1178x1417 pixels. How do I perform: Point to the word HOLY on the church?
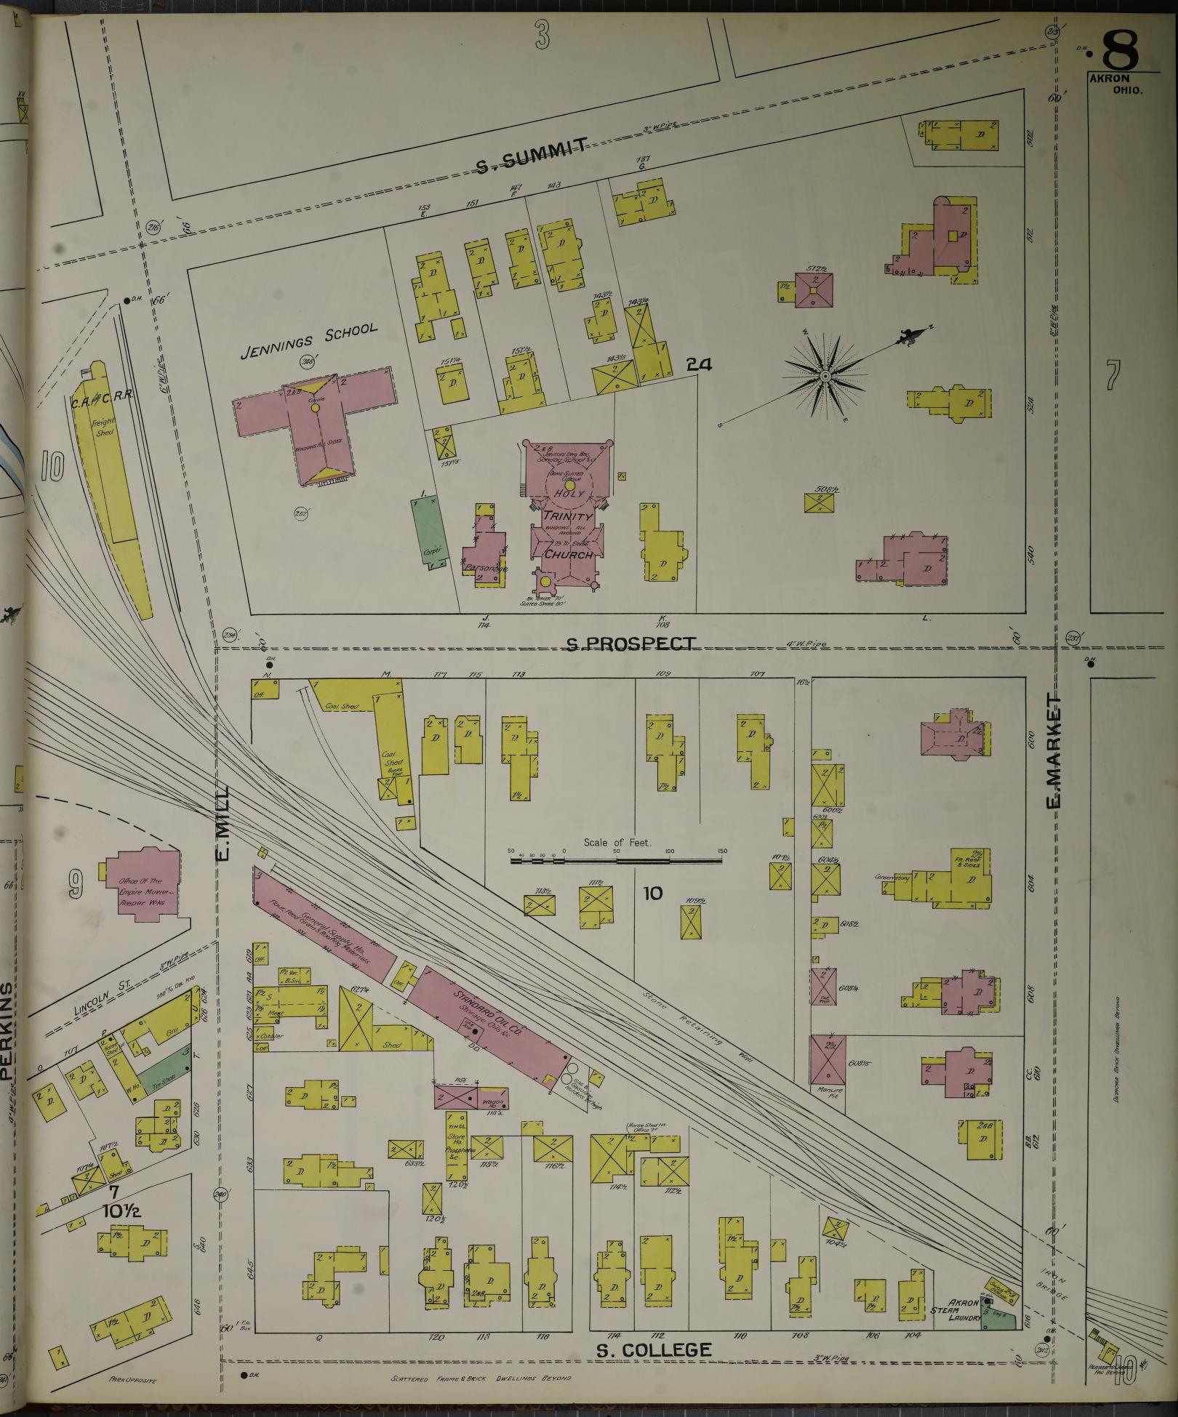(x=569, y=494)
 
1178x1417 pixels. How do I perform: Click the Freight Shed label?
(x=105, y=427)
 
